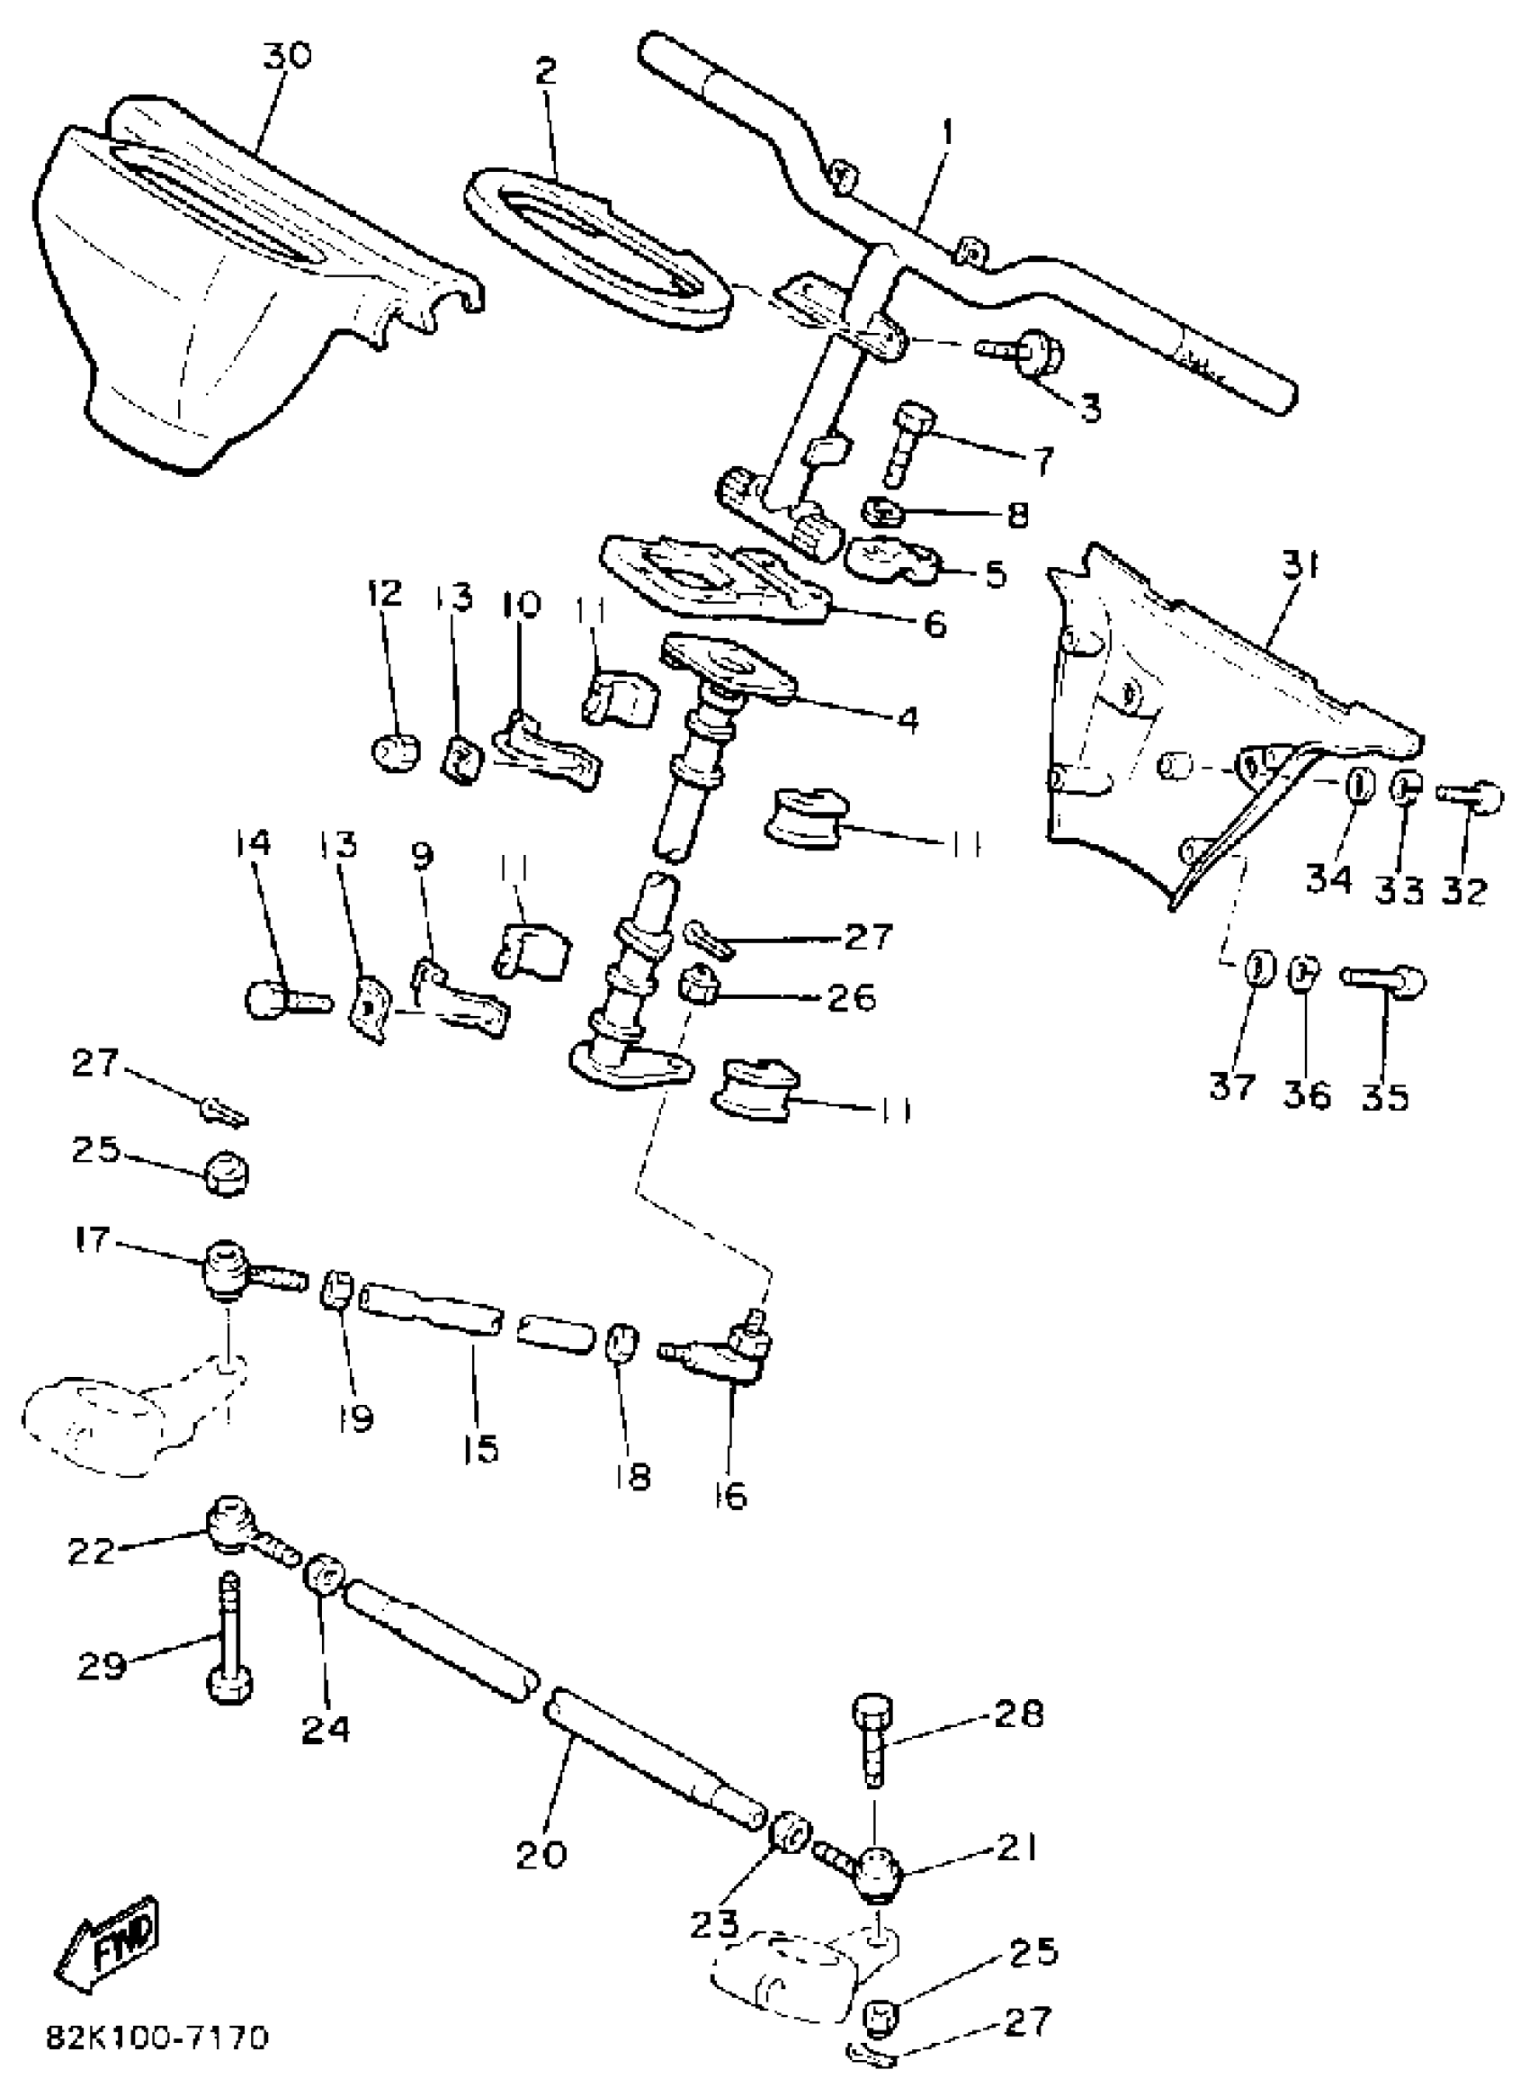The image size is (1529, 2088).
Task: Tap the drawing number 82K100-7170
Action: pos(157,2038)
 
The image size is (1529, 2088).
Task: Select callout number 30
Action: pos(286,57)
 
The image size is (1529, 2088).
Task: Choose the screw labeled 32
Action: pos(1471,794)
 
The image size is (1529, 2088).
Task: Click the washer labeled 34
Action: pos(1355,788)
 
